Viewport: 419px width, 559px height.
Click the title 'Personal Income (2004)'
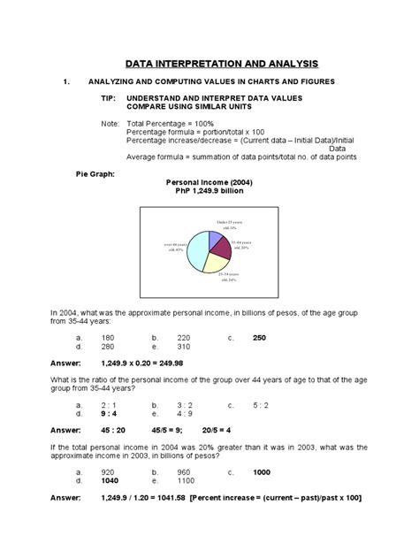click(209, 180)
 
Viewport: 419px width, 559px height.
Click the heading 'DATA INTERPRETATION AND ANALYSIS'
click(209, 64)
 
